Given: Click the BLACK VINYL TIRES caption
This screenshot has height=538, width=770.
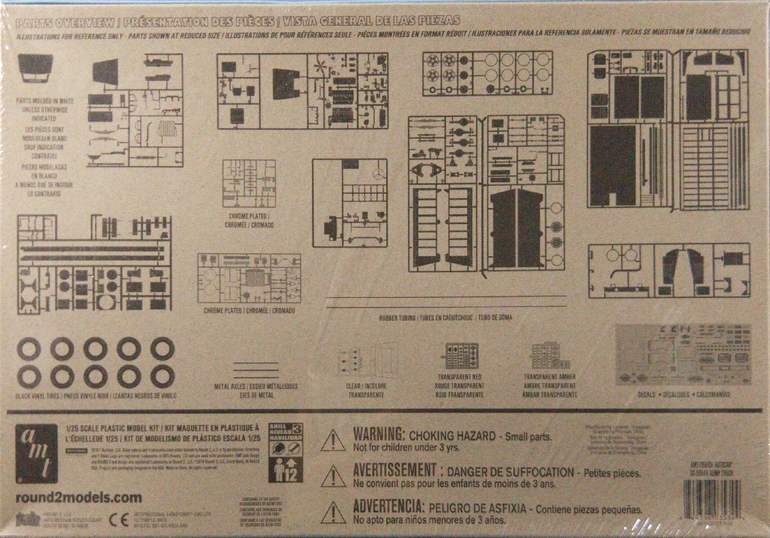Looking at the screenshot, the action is [96, 396].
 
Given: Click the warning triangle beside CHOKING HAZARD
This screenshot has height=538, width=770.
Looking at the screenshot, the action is [333, 440].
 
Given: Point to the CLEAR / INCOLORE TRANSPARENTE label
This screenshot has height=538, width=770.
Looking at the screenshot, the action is [366, 391].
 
